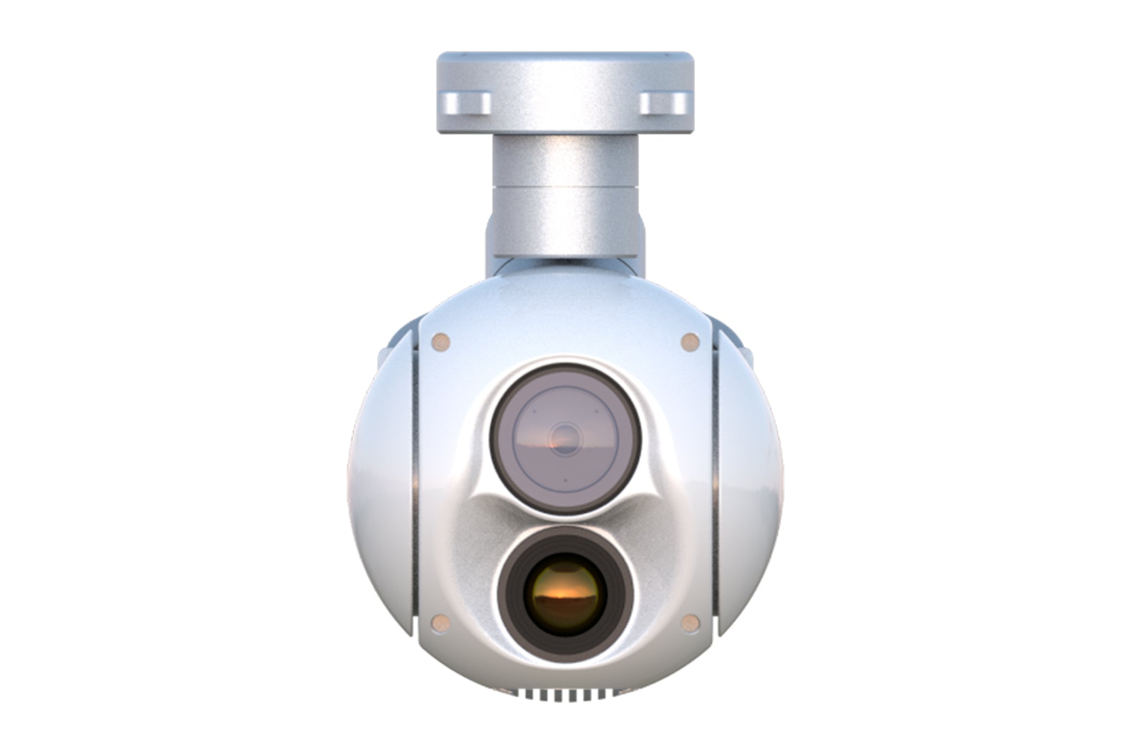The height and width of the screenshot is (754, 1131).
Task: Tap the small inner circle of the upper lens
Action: coord(565,438)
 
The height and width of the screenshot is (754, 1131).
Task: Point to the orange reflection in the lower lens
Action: coord(564,598)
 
